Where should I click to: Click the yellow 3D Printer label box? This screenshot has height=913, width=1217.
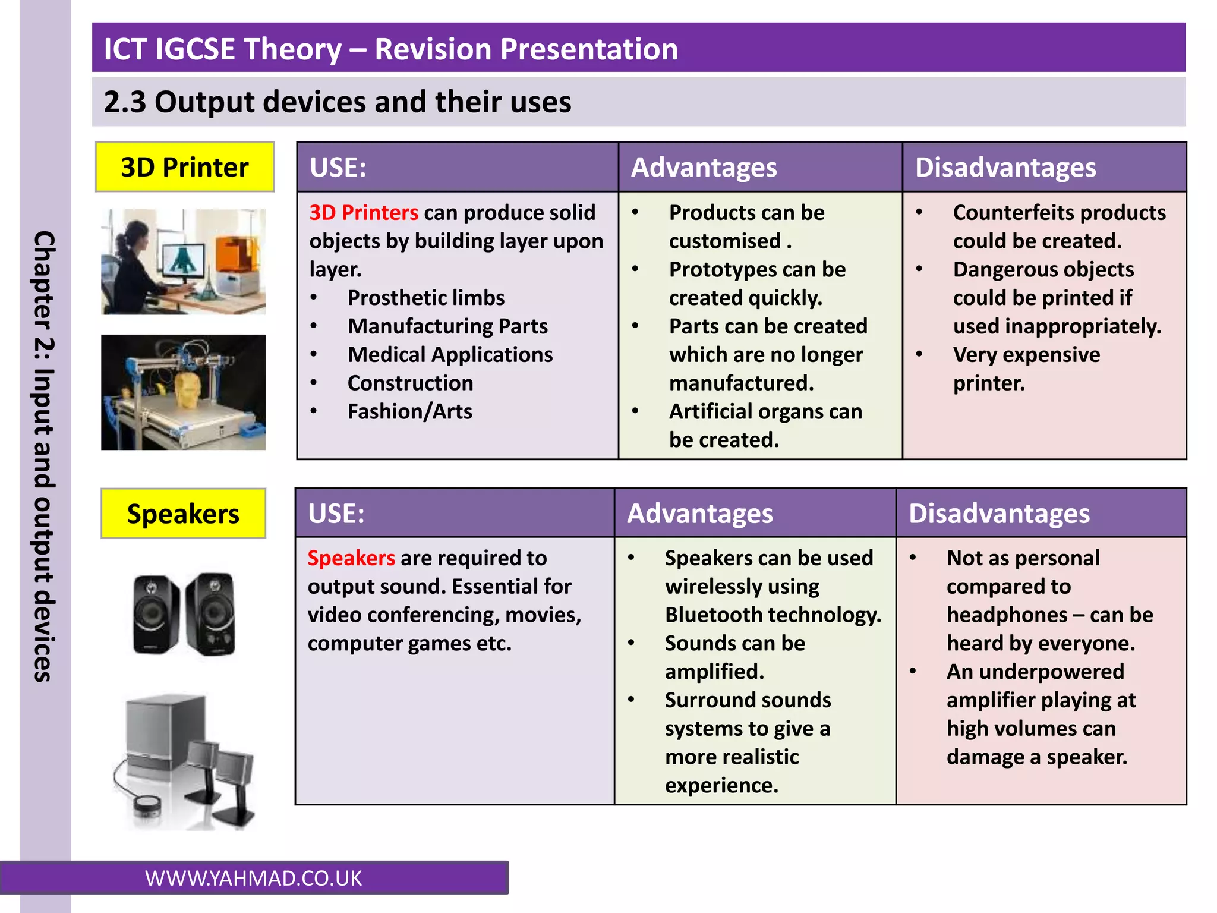[x=184, y=167]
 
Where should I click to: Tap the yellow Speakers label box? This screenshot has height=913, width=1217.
[x=183, y=514]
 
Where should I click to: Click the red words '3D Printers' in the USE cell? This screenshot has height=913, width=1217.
[x=364, y=213]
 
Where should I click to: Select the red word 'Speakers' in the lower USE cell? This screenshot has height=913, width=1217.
[x=351, y=558]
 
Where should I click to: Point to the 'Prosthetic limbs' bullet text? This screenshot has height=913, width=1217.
[x=425, y=298]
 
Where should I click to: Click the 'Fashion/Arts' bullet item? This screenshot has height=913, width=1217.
[x=409, y=411]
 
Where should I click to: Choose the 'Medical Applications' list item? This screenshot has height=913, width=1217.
[x=450, y=355]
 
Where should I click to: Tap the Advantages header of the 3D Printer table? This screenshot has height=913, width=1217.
[x=704, y=168]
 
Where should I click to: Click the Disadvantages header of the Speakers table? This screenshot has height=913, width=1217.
[x=999, y=514]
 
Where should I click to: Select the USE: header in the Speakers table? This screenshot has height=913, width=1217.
[x=336, y=514]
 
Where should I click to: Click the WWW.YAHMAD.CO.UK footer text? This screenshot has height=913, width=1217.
[x=253, y=879]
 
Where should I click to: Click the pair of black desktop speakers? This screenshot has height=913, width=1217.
[x=184, y=614]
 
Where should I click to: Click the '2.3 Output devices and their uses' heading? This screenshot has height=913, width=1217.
[x=337, y=102]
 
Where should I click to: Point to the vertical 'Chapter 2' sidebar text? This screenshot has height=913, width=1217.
[x=44, y=456]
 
